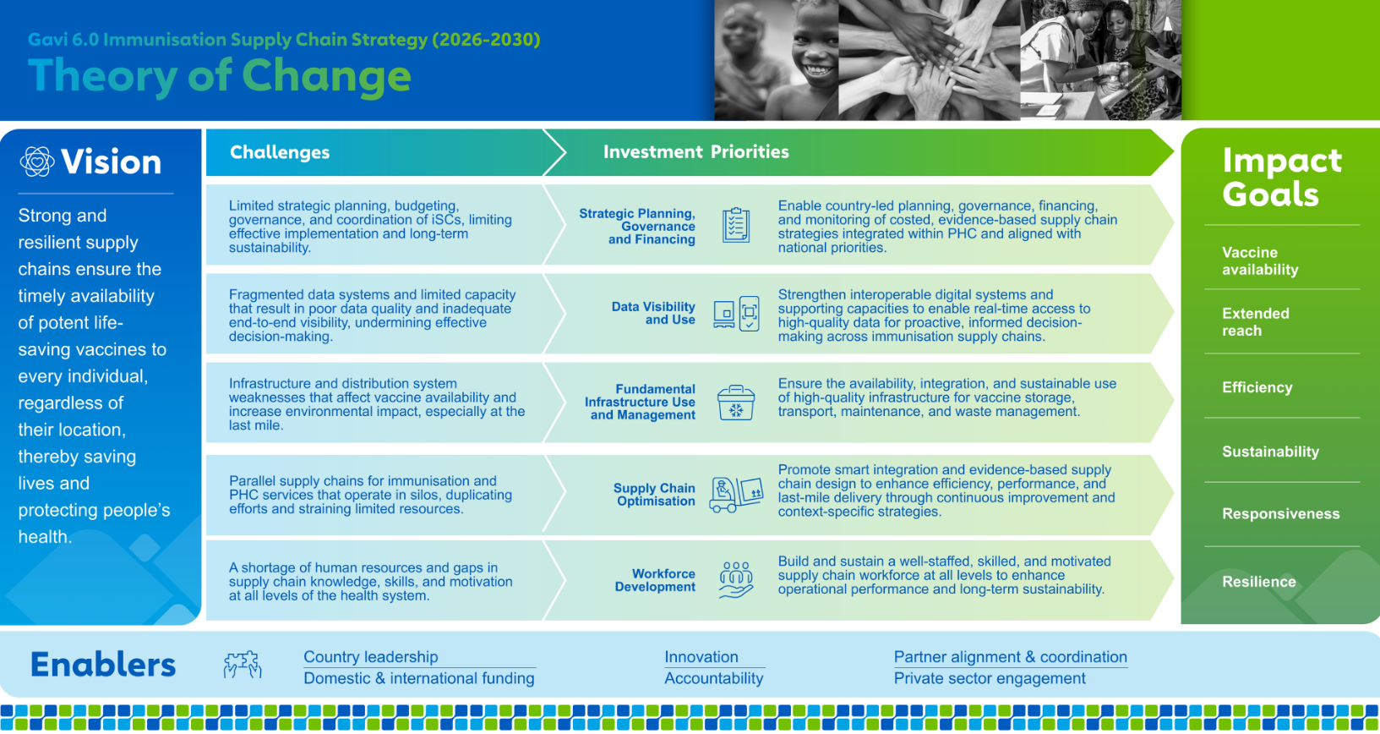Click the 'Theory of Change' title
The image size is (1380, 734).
click(220, 76)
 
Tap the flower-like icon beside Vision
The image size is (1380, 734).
click(37, 162)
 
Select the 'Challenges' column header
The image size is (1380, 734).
click(280, 152)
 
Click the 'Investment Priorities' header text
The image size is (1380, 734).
click(695, 151)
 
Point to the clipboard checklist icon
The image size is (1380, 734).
click(735, 225)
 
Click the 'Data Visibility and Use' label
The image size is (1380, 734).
click(653, 313)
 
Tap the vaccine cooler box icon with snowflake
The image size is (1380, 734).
click(735, 403)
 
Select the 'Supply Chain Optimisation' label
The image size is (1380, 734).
click(654, 494)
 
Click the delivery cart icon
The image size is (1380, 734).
click(736, 494)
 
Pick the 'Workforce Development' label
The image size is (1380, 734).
click(655, 580)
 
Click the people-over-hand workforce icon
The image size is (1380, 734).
click(735, 580)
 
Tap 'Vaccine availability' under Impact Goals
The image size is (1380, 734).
click(1260, 260)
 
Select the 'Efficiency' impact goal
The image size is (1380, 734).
click(1257, 387)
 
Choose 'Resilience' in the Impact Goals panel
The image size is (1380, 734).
click(1258, 581)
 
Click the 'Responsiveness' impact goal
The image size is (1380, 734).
click(1281, 513)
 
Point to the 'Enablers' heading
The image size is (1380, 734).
click(103, 665)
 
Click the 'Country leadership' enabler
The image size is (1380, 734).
click(371, 657)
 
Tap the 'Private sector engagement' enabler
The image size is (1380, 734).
click(990, 678)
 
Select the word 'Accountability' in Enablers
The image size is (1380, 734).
click(713, 678)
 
